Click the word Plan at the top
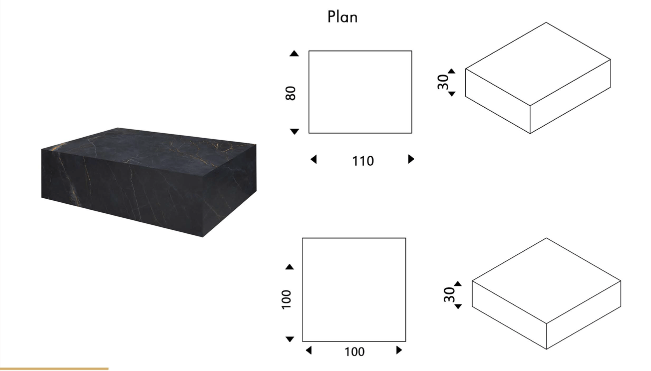343,17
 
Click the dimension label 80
290,93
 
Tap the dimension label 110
363,161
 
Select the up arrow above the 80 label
294,54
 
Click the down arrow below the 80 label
294,131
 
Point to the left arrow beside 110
313,159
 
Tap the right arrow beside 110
411,159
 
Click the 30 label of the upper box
443,82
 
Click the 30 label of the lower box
449,294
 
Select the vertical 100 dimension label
286,299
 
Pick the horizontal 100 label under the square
354,352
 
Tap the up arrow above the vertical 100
289,267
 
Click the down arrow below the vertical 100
290,339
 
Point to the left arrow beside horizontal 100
309,350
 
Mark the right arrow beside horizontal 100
399,350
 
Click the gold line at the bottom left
54,368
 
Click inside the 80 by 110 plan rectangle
360,92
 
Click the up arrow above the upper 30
452,71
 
